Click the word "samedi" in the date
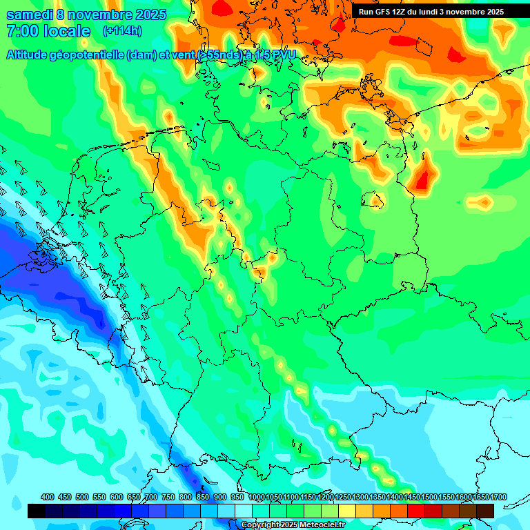pyautogui.click(x=30, y=14)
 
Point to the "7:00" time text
pyautogui.click(x=21, y=31)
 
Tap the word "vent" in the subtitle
pyautogui.click(x=182, y=55)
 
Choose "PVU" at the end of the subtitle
pyautogui.click(x=283, y=55)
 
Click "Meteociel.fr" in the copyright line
pyautogui.click(x=320, y=525)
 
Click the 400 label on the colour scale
pyautogui.click(x=48, y=498)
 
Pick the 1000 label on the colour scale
pyautogui.click(x=256, y=498)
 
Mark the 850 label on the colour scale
pyautogui.click(x=203, y=498)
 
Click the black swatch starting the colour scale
pyautogui.click(x=37, y=511)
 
